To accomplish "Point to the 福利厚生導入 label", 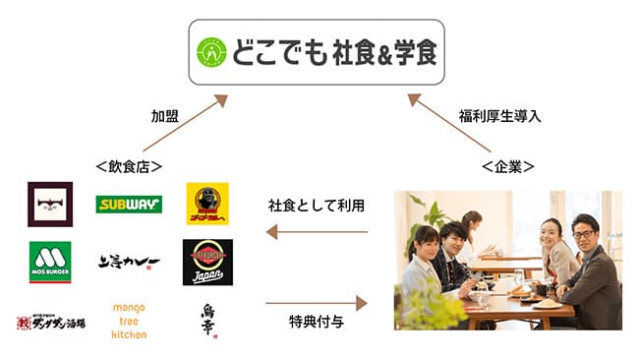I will (x=499, y=115).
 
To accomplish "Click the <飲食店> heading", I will (x=129, y=166).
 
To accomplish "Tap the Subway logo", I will (x=129, y=205).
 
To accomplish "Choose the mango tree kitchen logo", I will (x=129, y=320).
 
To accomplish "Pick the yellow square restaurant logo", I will (x=207, y=205).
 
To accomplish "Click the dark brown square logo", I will (x=50, y=205).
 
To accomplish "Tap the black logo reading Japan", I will (x=207, y=262).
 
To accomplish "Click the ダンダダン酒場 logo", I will (x=50, y=321).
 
